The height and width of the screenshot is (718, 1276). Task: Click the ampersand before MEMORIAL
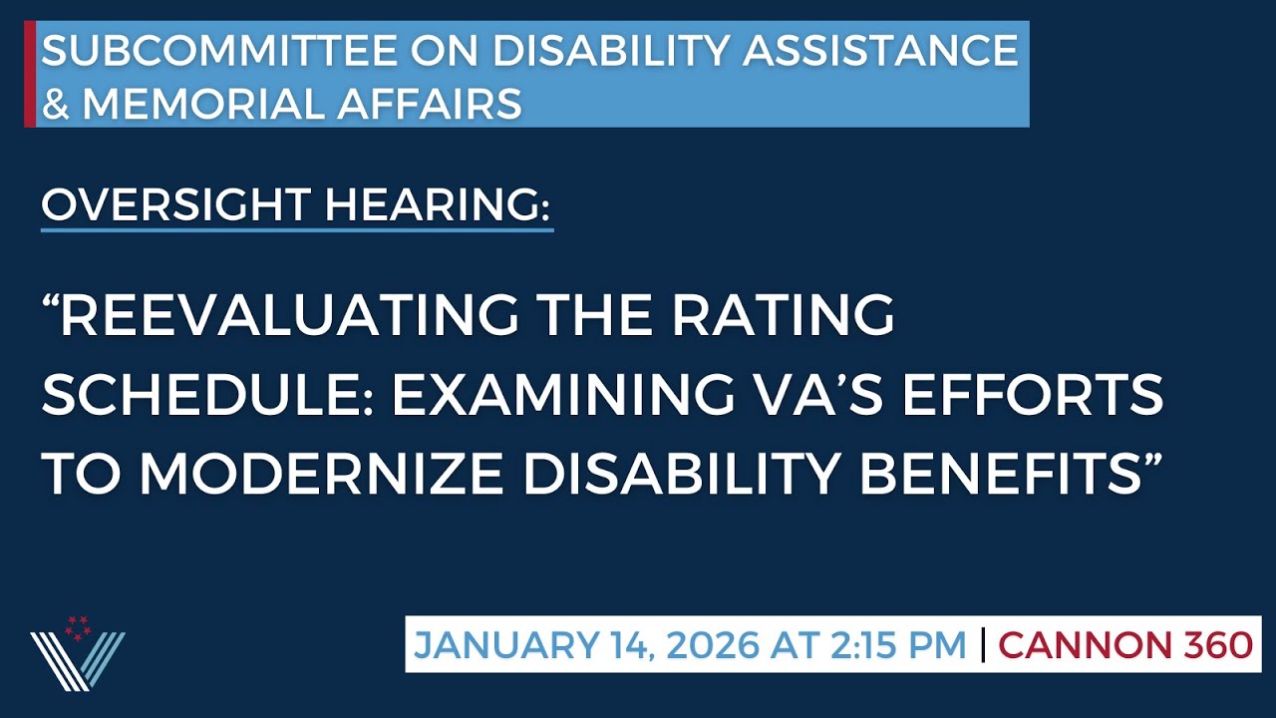[56, 104]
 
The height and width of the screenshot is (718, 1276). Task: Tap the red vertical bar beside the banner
[30, 74]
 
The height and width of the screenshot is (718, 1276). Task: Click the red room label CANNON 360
[1125, 645]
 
